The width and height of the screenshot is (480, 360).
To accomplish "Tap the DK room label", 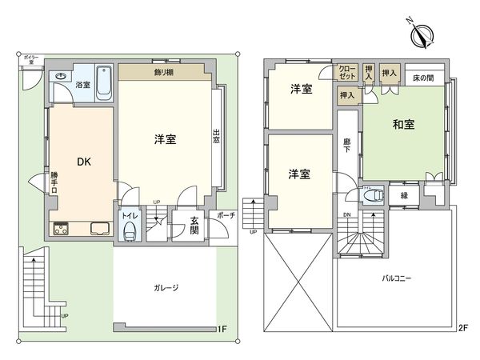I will pos(83,161).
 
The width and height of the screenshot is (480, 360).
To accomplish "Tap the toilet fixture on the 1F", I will pos(128,231).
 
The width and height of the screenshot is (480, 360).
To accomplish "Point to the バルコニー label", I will pos(397,279).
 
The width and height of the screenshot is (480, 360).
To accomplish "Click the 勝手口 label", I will pos(54,181).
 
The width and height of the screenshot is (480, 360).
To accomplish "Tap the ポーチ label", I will pos(226,214).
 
